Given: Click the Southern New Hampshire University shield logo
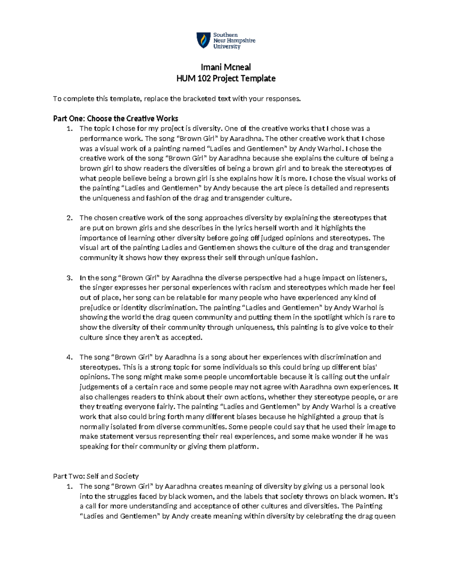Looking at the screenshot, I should click(204, 40).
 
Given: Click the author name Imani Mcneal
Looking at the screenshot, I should click(226, 67).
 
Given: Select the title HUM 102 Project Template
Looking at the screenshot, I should click(226, 78).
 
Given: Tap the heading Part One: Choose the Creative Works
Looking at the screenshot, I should click(116, 119).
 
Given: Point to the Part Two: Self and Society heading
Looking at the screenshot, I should click(96, 476).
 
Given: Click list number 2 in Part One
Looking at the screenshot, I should click(69, 218).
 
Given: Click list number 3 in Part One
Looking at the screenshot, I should click(69, 278).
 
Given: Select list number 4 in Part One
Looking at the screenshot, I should click(69, 357).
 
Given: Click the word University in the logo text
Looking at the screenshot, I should click(227, 47).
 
